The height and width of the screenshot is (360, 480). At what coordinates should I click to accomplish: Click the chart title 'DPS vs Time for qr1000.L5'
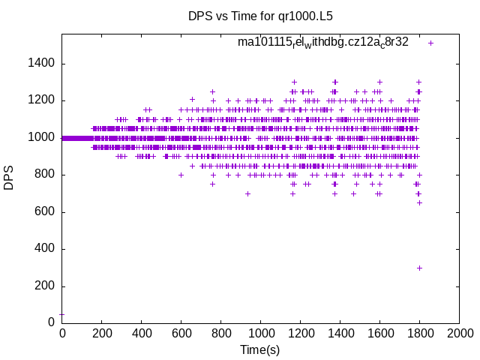[x=260, y=15]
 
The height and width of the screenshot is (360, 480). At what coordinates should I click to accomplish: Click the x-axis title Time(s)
[x=259, y=349]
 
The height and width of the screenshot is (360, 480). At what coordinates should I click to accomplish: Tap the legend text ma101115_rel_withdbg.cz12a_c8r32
[x=322, y=42]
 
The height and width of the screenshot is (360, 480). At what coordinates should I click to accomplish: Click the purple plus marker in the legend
[x=430, y=43]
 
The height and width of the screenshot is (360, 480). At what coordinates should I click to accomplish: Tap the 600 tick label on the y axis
[x=44, y=212]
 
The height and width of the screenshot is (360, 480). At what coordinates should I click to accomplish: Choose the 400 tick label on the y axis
[x=44, y=249]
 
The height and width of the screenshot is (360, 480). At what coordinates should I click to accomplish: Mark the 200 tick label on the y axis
[x=44, y=286]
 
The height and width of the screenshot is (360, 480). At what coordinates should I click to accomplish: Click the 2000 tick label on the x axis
[x=459, y=334]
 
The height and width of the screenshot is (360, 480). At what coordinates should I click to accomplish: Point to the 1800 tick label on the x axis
[x=419, y=334]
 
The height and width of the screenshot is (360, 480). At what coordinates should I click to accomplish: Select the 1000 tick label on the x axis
[x=260, y=334]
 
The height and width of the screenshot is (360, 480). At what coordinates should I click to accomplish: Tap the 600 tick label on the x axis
[x=181, y=334]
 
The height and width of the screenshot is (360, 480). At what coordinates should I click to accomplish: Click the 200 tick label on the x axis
[x=101, y=334]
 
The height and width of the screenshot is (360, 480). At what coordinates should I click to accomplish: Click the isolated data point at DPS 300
[x=419, y=268]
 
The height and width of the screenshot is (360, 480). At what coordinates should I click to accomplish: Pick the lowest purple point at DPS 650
[x=419, y=202]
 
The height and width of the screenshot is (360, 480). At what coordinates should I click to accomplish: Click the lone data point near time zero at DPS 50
[x=61, y=314]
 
